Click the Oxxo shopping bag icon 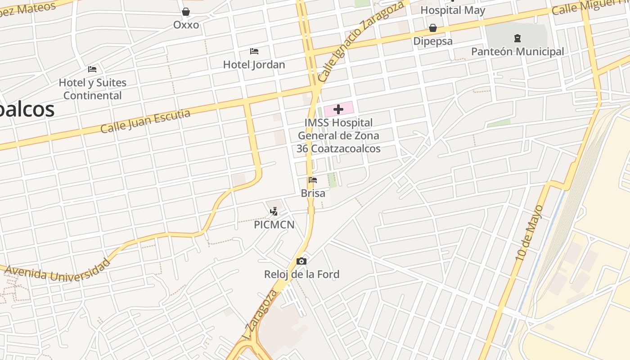(186, 12)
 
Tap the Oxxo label (186, 25)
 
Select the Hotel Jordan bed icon (254, 51)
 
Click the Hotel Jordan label (254, 65)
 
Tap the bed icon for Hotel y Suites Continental (92, 69)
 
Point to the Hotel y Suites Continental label (93, 89)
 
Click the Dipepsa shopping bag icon (433, 28)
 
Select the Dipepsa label (433, 41)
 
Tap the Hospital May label (453, 10)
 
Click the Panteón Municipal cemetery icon (517, 38)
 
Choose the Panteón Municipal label (517, 52)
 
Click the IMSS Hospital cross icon (338, 109)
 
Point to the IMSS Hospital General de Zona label (339, 135)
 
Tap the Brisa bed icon (313, 180)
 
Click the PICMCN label (274, 225)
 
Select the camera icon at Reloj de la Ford (301, 261)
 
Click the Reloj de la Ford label (301, 274)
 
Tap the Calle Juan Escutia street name (145, 121)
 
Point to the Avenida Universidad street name (58, 270)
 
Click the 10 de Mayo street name (530, 233)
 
